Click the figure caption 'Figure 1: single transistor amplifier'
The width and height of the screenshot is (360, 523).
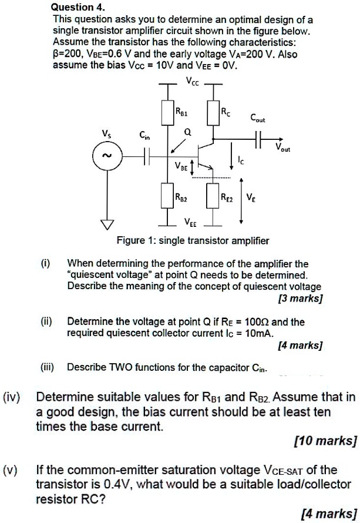193,240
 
